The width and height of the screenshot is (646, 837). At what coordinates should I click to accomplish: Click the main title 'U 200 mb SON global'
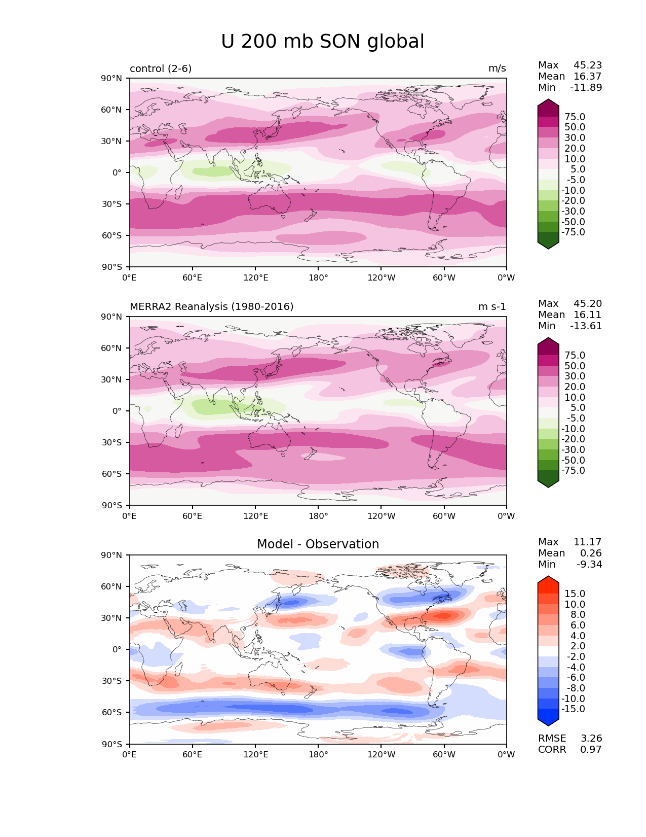click(322, 42)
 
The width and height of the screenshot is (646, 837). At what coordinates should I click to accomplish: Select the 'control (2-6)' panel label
click(161, 68)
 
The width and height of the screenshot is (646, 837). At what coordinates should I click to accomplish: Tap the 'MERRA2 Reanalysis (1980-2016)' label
click(211, 306)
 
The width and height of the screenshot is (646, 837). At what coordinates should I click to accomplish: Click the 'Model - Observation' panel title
click(318, 544)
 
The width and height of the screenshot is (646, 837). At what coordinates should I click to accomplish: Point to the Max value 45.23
click(588, 65)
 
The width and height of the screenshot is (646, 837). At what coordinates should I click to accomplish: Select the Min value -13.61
click(586, 326)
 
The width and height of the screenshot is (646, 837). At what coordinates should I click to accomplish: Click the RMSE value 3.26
click(591, 738)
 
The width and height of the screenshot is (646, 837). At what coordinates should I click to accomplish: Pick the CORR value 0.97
click(591, 749)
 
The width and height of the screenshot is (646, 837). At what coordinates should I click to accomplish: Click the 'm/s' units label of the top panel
click(497, 68)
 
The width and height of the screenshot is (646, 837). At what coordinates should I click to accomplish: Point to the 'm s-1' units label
click(492, 306)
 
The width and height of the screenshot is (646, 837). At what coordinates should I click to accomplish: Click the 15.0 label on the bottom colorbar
click(575, 594)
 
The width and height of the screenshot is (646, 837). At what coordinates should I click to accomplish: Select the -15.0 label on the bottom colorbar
click(573, 709)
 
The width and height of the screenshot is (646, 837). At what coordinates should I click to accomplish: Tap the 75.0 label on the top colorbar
click(575, 117)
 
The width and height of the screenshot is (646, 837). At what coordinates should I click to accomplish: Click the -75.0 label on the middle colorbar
click(573, 470)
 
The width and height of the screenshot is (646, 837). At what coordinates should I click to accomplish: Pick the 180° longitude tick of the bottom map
click(318, 754)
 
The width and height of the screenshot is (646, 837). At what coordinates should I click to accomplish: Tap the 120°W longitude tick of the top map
click(381, 277)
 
